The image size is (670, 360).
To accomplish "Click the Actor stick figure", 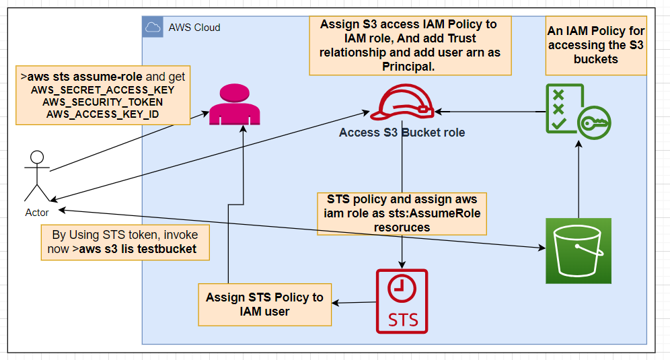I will pyautogui.click(x=36, y=176).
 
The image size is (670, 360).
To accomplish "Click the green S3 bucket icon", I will pyautogui.click(x=578, y=250).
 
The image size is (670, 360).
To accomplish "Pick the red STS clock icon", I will pyautogui.click(x=402, y=301).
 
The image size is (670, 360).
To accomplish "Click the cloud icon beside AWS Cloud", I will pyautogui.click(x=153, y=28).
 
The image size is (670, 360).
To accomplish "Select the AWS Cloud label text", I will pyautogui.click(x=194, y=28).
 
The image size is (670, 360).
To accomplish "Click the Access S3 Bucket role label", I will pyautogui.click(x=402, y=133).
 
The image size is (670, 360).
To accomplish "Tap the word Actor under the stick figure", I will pyautogui.click(x=37, y=212).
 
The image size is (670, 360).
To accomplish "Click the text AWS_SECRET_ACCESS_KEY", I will pyautogui.click(x=102, y=89).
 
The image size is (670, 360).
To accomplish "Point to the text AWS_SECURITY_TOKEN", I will pyautogui.click(x=102, y=102).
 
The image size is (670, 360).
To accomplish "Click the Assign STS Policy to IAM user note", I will pyautogui.click(x=264, y=304).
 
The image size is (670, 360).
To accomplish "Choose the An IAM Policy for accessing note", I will pyautogui.click(x=596, y=45).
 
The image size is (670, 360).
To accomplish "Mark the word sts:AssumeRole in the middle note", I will pyautogui.click(x=443, y=213).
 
